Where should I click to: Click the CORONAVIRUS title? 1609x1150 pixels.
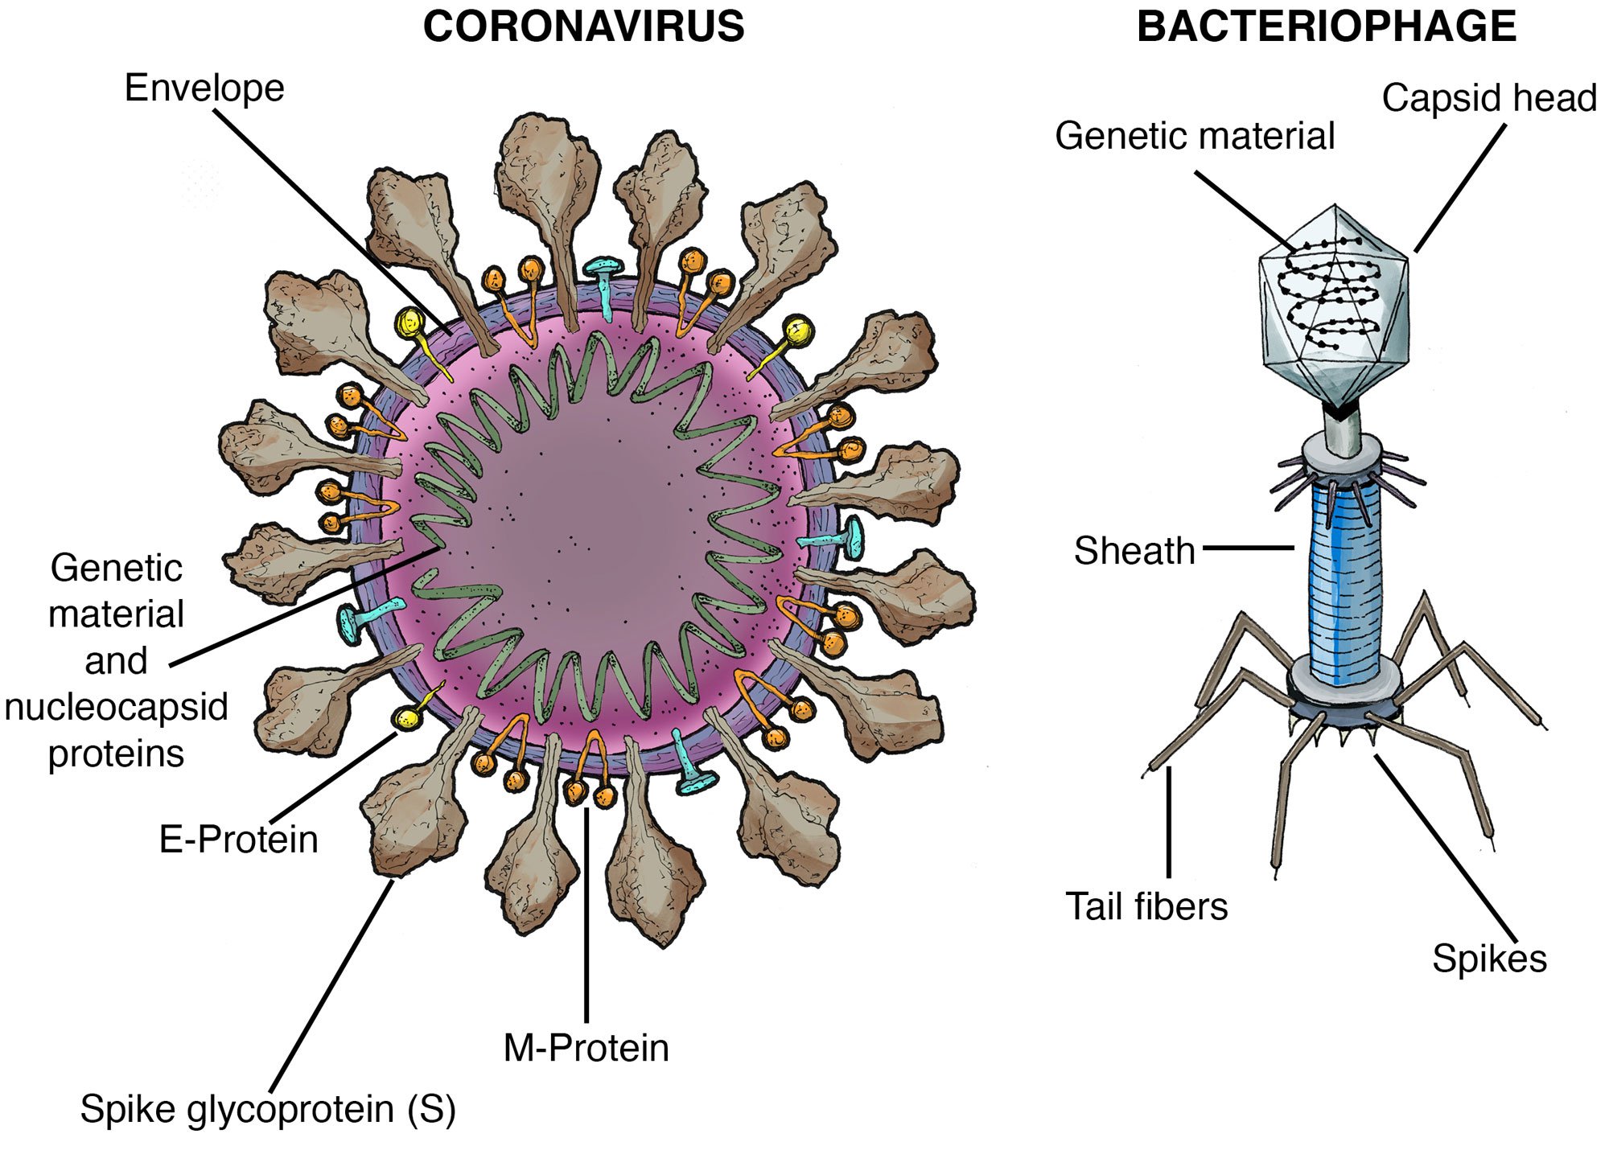pyautogui.click(x=583, y=27)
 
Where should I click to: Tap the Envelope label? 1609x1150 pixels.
pyautogui.click(x=204, y=88)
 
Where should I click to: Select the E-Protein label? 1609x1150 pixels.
pyautogui.click(x=239, y=840)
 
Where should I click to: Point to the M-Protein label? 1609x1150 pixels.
pyautogui.click(x=586, y=1048)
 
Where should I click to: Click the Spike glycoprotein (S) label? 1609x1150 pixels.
pyautogui.click(x=268, y=1109)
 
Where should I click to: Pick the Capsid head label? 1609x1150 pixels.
pyautogui.click(x=1488, y=98)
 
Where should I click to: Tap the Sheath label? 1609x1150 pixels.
pyautogui.click(x=1134, y=551)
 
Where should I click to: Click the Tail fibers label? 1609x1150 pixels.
pyautogui.click(x=1146, y=906)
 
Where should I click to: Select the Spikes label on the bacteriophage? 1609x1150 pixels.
pyautogui.click(x=1489, y=959)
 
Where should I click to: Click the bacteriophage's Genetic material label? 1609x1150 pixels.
pyautogui.click(x=1195, y=136)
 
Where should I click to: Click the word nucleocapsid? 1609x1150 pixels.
pyautogui.click(x=117, y=708)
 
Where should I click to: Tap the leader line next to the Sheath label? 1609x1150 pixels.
pyautogui.click(x=1249, y=548)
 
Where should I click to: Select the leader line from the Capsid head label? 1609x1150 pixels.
pyautogui.click(x=1459, y=188)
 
